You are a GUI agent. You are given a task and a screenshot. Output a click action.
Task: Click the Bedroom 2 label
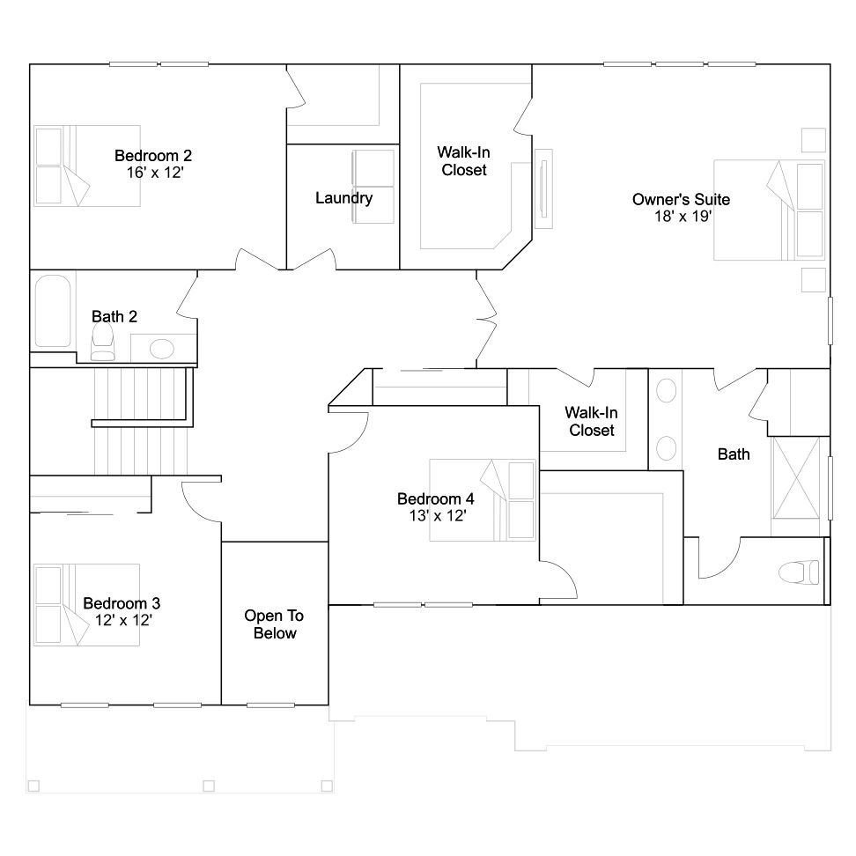coord(153,156)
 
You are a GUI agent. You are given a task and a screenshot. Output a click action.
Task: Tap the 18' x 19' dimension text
coord(683,216)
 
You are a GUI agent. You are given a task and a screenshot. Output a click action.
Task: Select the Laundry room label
coord(344,197)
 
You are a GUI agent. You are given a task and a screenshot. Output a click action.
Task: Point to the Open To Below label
coord(274,624)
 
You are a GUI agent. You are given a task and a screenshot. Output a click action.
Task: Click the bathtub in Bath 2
coord(53,311)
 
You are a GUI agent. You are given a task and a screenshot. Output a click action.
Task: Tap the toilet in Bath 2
coord(103,342)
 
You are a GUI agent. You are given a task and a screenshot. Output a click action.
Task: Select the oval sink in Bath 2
coord(161,349)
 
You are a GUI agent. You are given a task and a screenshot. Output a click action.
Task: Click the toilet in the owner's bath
coord(799,572)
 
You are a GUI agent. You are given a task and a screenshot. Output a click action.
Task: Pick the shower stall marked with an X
coord(796,477)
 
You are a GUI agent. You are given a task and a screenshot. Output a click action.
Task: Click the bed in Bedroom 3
coord(87,605)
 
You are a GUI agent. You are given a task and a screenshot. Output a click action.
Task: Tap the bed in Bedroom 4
coord(482,500)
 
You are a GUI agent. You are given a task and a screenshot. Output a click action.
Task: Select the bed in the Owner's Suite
coord(769,210)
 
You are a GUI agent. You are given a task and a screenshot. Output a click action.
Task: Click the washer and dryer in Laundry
coord(373,187)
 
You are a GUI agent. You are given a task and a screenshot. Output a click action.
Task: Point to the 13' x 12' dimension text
coord(438,515)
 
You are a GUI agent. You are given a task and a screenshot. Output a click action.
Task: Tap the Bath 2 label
coord(114,317)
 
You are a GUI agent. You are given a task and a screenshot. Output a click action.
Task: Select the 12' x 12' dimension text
coord(123,620)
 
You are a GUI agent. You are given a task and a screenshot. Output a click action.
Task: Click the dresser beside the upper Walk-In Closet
coord(543,188)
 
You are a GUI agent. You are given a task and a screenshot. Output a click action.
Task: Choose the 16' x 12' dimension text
coord(155,173)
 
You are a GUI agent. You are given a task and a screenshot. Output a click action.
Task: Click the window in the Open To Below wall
coord(270,705)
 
